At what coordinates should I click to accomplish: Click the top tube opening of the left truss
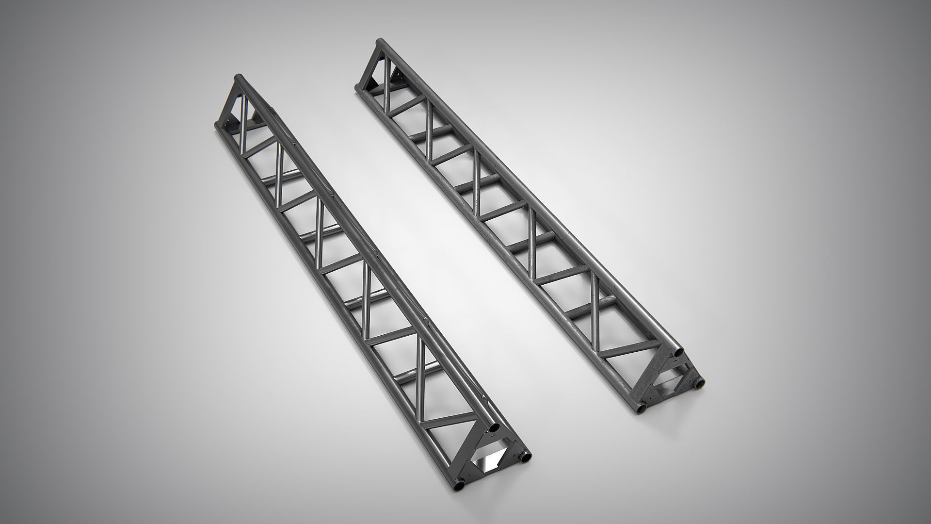[493, 429]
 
